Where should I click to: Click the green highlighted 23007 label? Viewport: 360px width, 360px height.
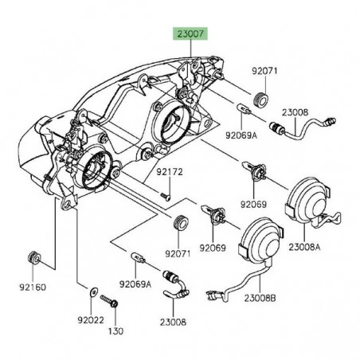point(190,33)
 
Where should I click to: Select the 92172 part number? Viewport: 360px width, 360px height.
point(170,172)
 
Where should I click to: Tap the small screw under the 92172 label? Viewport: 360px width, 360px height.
point(166,196)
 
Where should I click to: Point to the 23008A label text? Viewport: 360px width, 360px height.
point(304,247)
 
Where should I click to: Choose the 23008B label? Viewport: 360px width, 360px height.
point(260,298)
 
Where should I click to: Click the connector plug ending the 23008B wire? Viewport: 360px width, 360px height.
point(214,295)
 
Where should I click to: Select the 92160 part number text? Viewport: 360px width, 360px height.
point(33,287)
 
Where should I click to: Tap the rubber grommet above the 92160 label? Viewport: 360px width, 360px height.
point(34,258)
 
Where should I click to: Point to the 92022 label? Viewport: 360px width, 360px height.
point(91,320)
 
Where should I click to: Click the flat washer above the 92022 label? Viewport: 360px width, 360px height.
point(93,292)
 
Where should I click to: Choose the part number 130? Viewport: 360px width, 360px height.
point(116,331)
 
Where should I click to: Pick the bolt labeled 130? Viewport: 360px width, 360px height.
point(109,302)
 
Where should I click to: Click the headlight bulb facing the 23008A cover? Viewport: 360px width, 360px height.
point(254,170)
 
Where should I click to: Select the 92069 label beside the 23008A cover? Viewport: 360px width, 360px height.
point(253,204)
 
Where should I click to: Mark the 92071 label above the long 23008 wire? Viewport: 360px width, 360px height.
point(264,71)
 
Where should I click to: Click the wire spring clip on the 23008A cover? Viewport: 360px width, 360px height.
point(327,220)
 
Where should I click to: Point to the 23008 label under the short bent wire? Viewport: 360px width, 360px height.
point(173,322)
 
